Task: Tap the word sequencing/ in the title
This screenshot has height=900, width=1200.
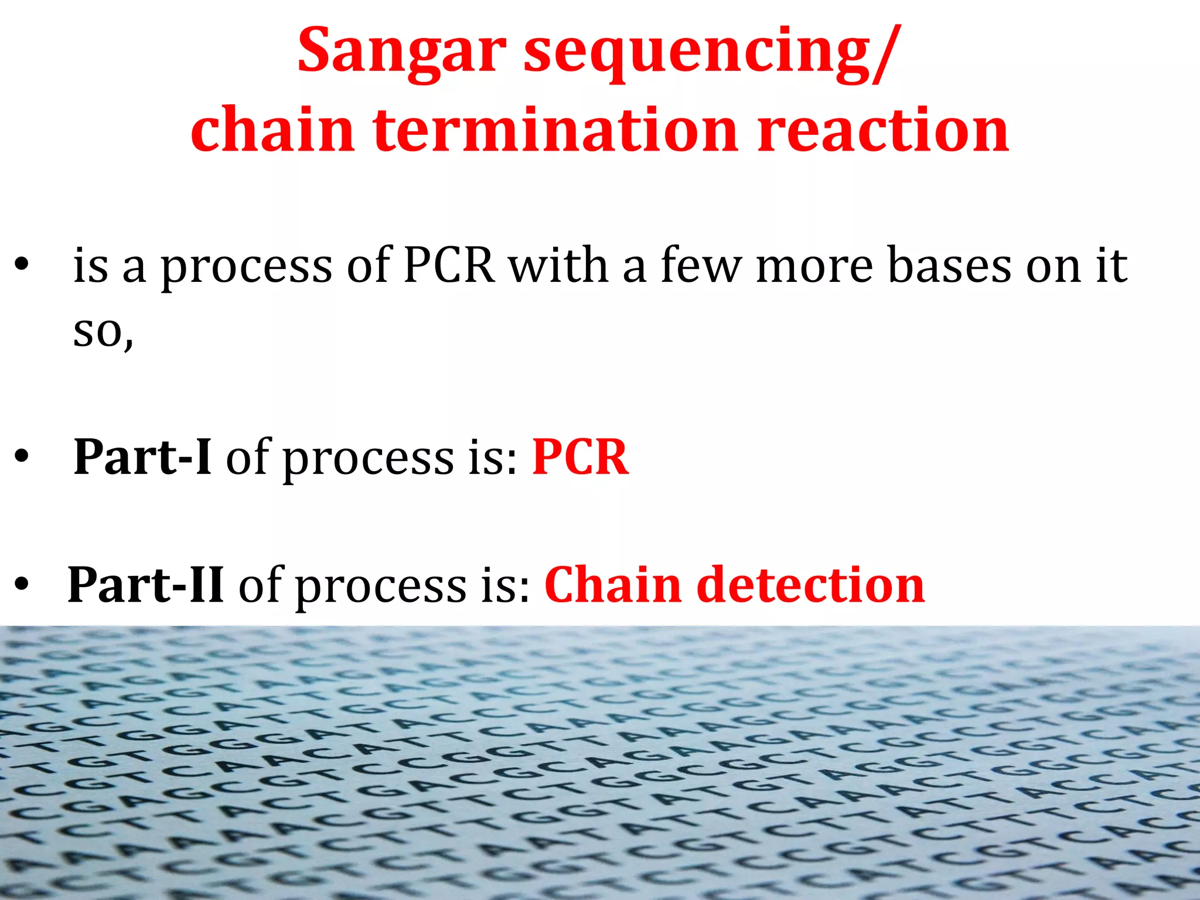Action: pyautogui.click(x=709, y=54)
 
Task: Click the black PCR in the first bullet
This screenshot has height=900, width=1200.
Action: pyautogui.click(x=449, y=265)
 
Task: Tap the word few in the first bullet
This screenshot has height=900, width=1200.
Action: pyautogui.click(x=701, y=265)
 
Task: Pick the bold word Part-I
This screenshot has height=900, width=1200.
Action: pyautogui.click(x=142, y=457)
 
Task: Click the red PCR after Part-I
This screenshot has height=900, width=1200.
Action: pyautogui.click(x=580, y=457)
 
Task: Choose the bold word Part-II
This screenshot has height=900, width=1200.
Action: pyautogui.click(x=146, y=585)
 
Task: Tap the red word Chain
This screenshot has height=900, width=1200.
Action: pyautogui.click(x=613, y=585)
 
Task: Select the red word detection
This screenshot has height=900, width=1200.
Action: pyautogui.click(x=811, y=585)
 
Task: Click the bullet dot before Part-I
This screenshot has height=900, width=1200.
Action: pyautogui.click(x=22, y=457)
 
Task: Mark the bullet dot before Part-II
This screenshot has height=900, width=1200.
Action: pyautogui.click(x=22, y=585)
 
